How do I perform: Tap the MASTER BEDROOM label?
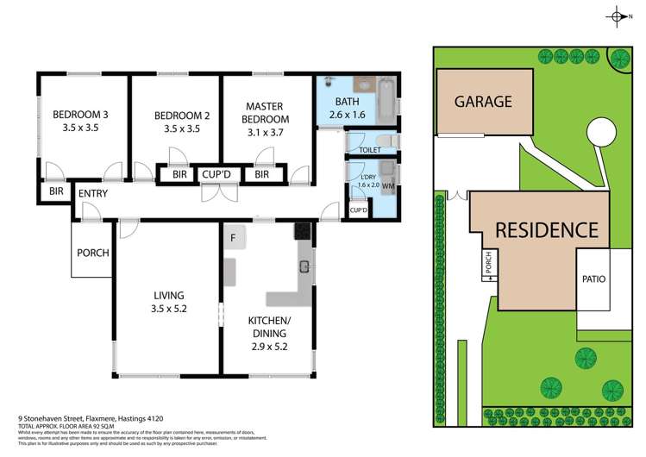pos(265,119)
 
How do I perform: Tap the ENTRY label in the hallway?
pos(92,193)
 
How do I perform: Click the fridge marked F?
pos(232,235)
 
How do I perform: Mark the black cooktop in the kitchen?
pos(303,230)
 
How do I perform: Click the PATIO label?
pos(593,279)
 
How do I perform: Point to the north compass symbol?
pos(618,16)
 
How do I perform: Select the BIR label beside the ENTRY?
pos(56,191)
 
